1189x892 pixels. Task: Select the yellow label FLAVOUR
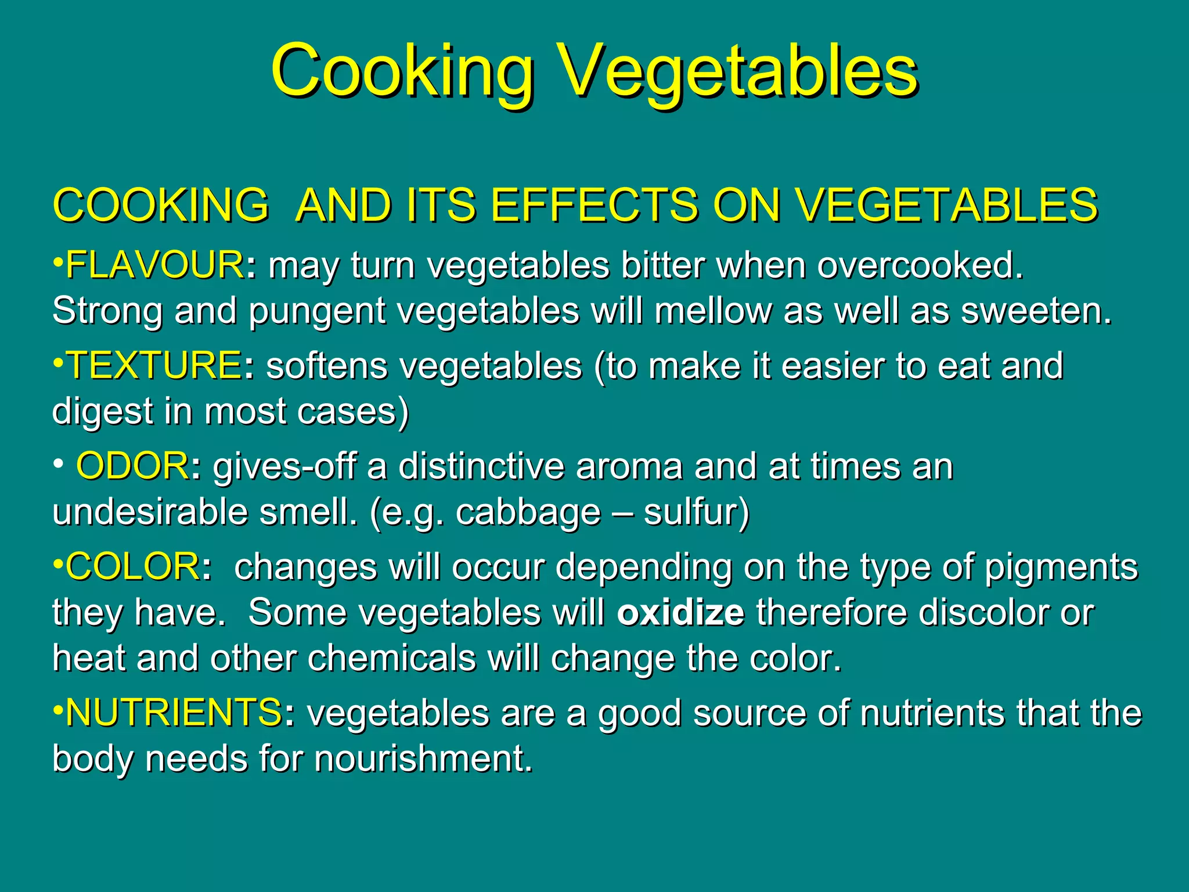tap(154, 265)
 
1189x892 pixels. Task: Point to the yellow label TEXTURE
tap(154, 366)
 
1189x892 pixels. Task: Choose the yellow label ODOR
tap(132, 466)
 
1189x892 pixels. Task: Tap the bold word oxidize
tap(680, 613)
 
